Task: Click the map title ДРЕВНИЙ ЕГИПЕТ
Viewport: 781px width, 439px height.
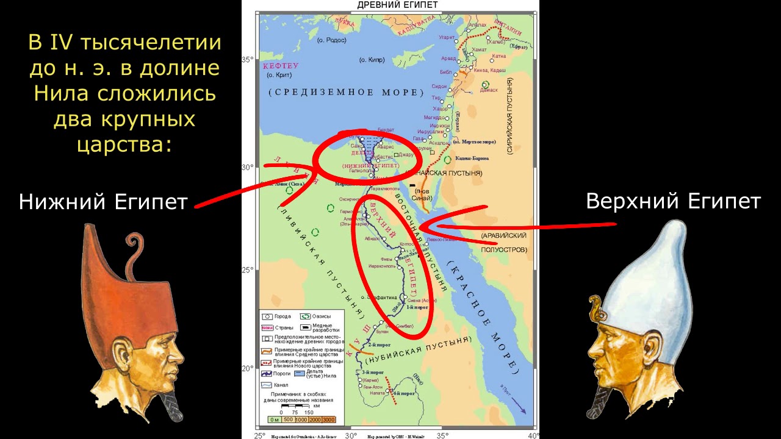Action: (397, 5)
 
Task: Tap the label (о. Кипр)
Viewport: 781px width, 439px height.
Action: (372, 60)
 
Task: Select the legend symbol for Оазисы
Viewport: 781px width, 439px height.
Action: (304, 316)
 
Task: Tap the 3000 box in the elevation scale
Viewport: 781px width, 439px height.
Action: (329, 419)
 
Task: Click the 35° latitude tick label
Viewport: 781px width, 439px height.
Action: (247, 60)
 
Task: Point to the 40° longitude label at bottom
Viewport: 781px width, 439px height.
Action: (533, 435)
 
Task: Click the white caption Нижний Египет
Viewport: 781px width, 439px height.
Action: (103, 202)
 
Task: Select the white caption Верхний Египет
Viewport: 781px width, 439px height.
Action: (673, 201)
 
